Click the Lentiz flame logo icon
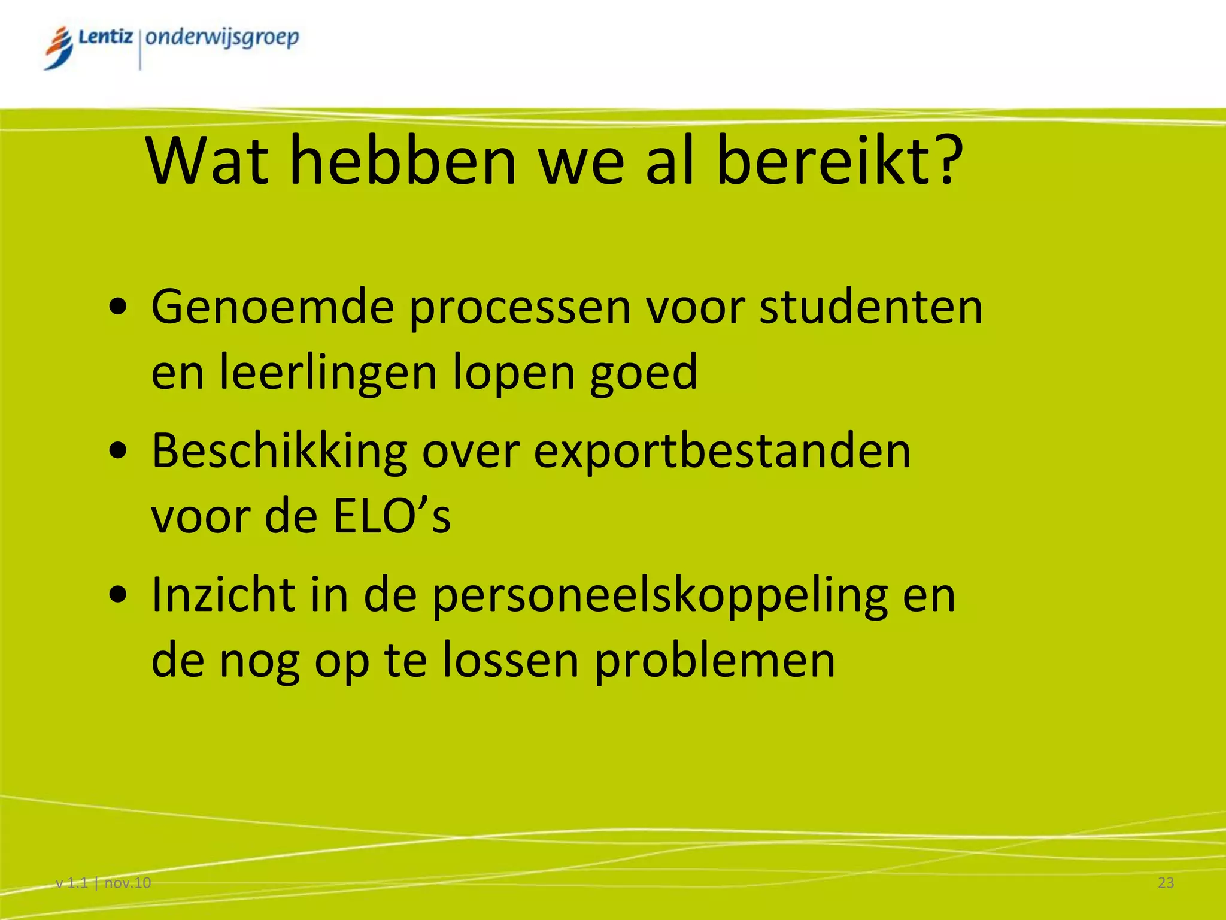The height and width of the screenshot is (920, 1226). pyautogui.click(x=59, y=48)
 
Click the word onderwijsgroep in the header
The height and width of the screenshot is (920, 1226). pyautogui.click(x=222, y=38)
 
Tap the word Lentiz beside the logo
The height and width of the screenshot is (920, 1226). pyautogui.click(x=105, y=37)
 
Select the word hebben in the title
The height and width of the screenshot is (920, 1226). pyautogui.click(x=403, y=161)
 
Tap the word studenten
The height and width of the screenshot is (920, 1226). pyautogui.click(x=871, y=307)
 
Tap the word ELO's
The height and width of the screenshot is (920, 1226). pyautogui.click(x=392, y=516)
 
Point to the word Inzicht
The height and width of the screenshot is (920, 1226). pyautogui.click(x=223, y=595)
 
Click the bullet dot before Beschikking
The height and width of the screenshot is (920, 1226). pyautogui.click(x=119, y=450)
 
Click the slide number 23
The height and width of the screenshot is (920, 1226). pyautogui.click(x=1166, y=883)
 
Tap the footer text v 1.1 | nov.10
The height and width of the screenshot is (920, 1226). pyautogui.click(x=103, y=883)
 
